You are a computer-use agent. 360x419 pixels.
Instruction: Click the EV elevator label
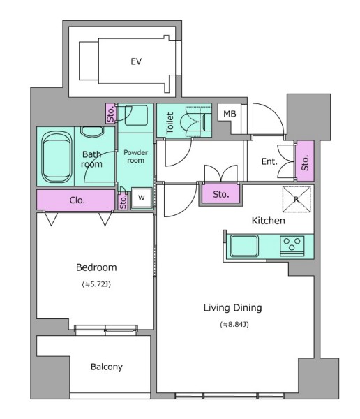136,61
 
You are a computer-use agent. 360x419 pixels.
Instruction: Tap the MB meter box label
230,114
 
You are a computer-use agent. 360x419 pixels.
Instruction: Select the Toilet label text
170,123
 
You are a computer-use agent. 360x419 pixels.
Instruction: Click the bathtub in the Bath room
57,157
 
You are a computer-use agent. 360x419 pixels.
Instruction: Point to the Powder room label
135,156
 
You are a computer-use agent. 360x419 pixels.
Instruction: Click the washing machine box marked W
142,198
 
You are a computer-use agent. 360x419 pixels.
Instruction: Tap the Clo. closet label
77,200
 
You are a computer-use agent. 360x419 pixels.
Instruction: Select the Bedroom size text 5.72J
96,284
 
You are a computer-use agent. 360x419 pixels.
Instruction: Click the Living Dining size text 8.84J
234,325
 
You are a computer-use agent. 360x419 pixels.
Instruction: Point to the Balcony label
107,367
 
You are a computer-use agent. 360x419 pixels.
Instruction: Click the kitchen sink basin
244,246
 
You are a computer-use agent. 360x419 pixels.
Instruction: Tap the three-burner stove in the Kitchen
292,246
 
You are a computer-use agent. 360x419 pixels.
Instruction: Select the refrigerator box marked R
297,199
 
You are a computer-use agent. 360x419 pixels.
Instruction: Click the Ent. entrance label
269,161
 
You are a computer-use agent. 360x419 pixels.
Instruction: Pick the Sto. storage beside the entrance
305,161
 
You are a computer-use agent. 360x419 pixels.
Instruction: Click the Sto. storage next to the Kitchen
221,193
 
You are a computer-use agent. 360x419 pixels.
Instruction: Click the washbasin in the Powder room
136,115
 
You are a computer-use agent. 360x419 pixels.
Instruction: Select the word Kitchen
269,221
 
